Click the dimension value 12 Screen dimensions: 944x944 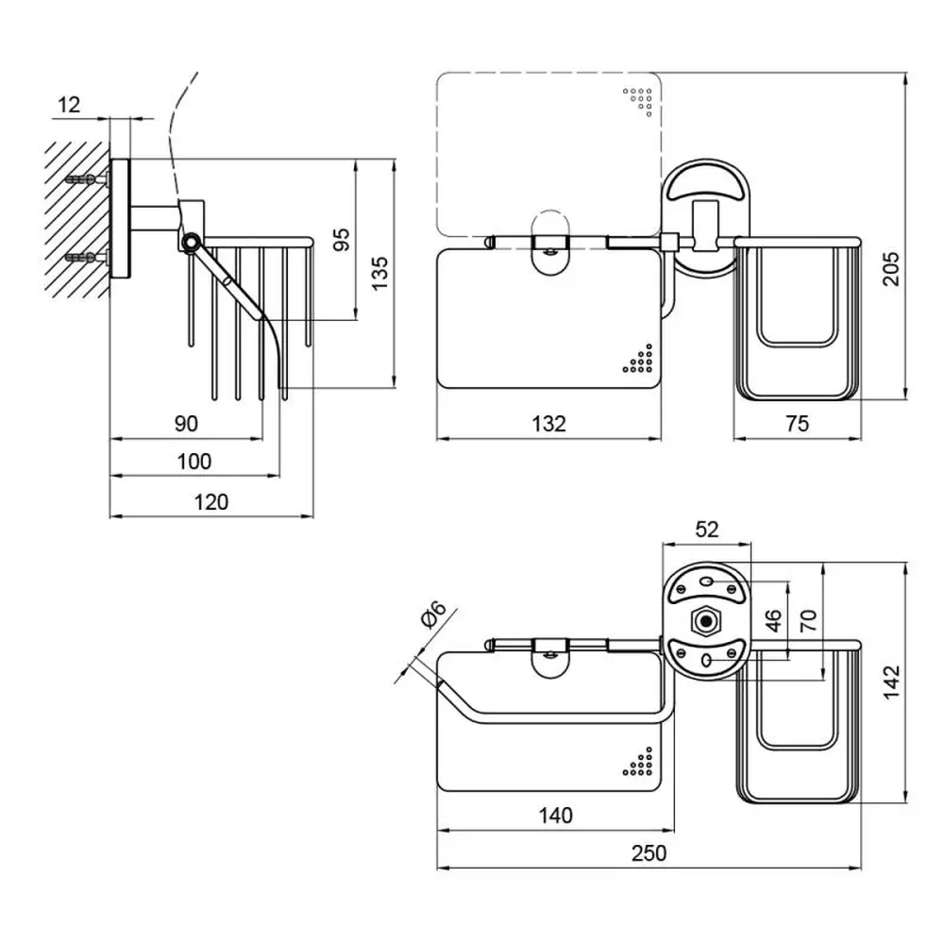pyautogui.click(x=68, y=105)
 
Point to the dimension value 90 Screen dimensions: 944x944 pyautogui.click(x=186, y=423)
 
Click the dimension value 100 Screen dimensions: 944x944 pyautogui.click(x=194, y=462)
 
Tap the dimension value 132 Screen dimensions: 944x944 pyautogui.click(x=548, y=424)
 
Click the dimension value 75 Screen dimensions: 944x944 pyautogui.click(x=797, y=424)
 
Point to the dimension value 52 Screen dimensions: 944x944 pyautogui.click(x=707, y=530)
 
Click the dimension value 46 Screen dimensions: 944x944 pyautogui.click(x=773, y=619)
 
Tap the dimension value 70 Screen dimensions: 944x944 pyautogui.click(x=809, y=619)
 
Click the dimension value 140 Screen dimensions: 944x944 pyautogui.click(x=555, y=816)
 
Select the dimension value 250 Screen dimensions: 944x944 pyautogui.click(x=649, y=852)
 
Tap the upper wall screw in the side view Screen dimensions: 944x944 pyautogui.click(x=80, y=179)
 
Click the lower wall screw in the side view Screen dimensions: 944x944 pyautogui.click(x=80, y=257)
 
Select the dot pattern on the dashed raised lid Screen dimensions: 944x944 pyautogui.click(x=638, y=101)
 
